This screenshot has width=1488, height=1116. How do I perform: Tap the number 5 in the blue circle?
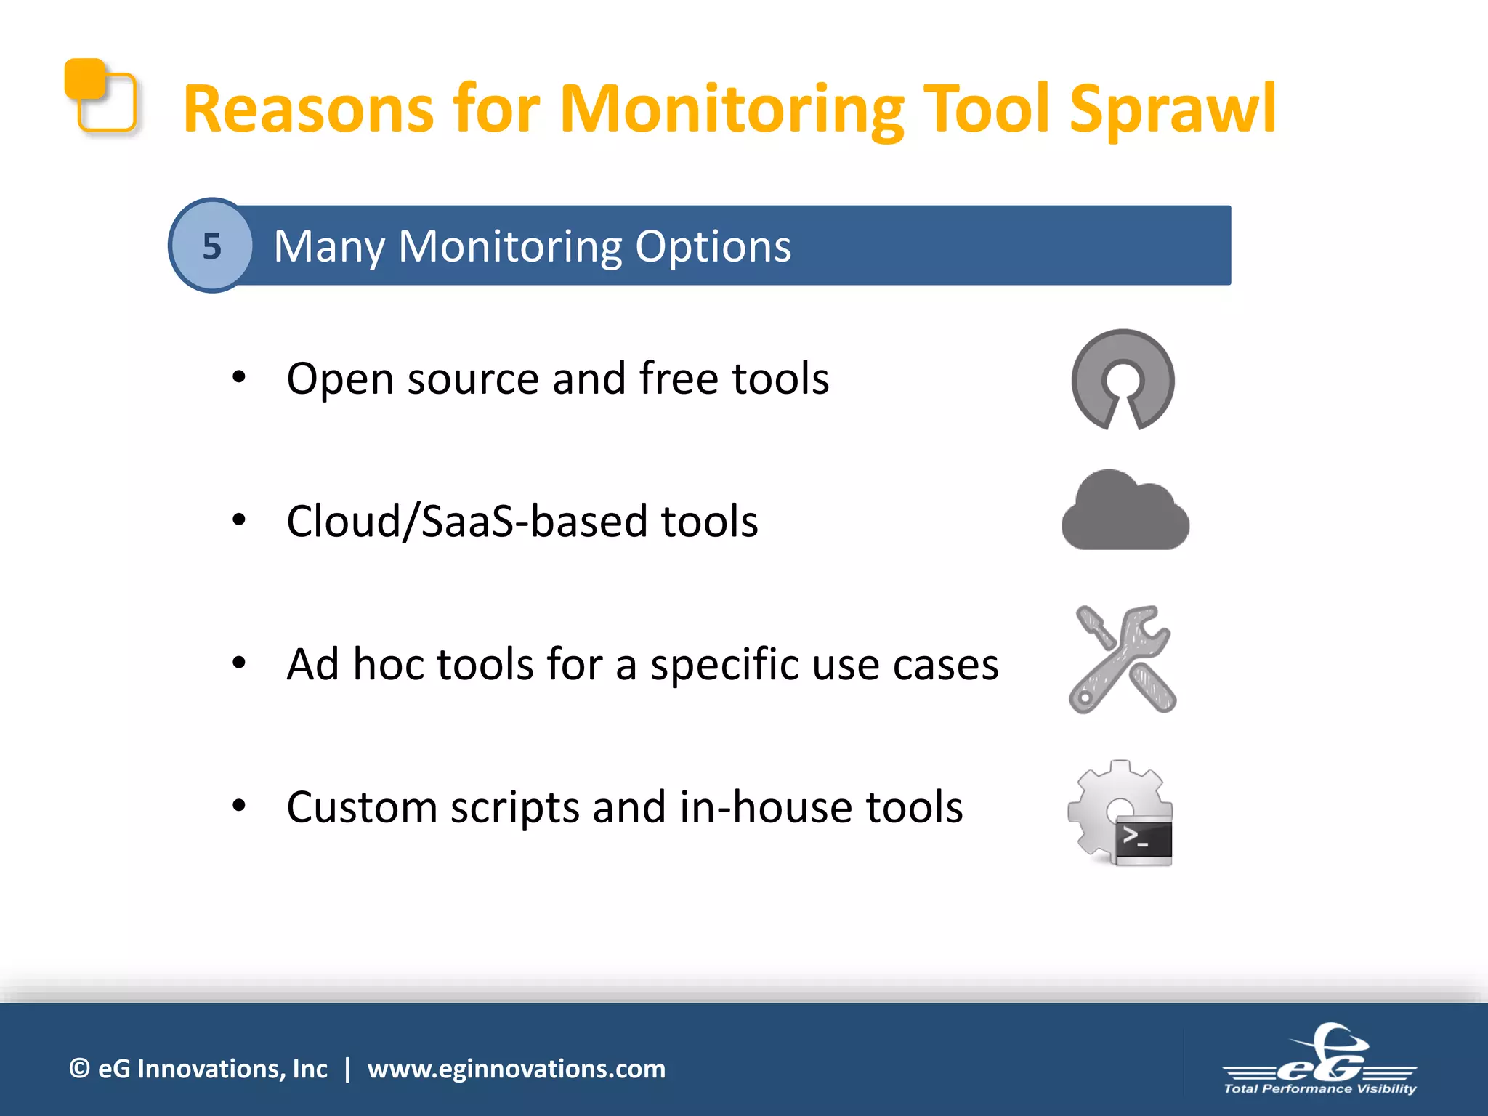(211, 246)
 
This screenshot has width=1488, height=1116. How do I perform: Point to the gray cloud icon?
(1125, 511)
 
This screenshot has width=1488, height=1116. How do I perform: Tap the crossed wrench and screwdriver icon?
(1122, 660)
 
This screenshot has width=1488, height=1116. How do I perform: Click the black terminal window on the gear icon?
(1143, 842)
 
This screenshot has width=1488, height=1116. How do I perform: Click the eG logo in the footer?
(1321, 1057)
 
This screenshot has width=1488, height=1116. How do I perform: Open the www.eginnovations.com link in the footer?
(516, 1069)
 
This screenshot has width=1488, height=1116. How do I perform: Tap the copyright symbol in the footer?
(79, 1069)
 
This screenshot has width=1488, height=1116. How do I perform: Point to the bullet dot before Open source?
(239, 377)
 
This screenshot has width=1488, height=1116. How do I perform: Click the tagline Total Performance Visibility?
(1319, 1088)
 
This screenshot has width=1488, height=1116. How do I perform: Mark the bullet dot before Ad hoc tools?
(239, 662)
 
